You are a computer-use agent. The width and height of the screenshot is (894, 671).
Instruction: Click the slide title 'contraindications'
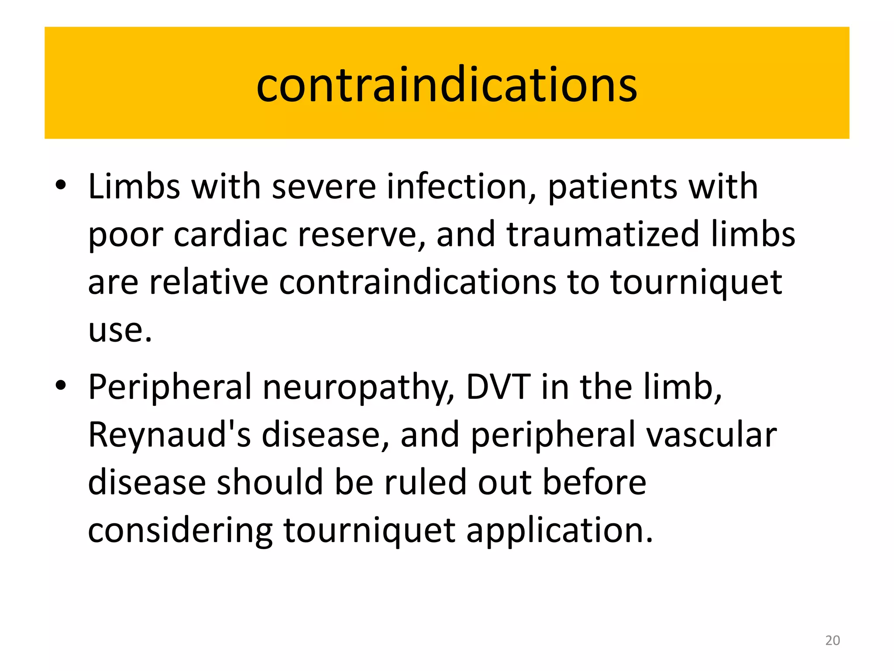click(447, 85)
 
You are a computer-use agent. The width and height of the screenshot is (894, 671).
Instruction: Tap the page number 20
click(832, 640)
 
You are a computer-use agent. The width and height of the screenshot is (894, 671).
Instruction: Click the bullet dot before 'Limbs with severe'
click(61, 185)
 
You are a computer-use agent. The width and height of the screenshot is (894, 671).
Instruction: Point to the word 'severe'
click(323, 187)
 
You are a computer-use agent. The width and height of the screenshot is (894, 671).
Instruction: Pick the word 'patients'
click(612, 187)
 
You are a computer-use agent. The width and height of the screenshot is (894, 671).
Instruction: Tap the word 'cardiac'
click(230, 235)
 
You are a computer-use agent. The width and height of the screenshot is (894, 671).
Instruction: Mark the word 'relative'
click(208, 282)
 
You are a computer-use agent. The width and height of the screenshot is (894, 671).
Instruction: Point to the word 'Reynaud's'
click(169, 435)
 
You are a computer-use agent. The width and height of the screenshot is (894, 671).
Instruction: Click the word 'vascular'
click(712, 435)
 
